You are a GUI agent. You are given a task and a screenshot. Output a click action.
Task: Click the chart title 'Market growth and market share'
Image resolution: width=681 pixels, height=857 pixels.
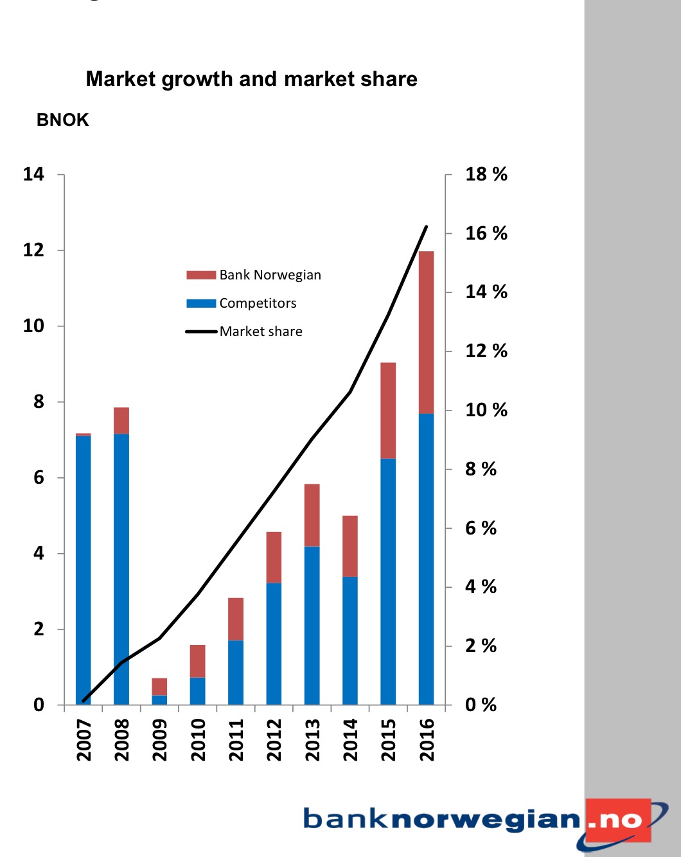[251, 79]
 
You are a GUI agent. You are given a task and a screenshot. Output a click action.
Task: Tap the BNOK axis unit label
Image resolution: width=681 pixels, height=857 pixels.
[62, 120]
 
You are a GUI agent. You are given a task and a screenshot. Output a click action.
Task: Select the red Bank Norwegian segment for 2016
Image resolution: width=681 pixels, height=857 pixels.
[426, 332]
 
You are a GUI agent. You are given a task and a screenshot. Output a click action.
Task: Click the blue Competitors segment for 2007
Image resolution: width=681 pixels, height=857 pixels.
[83, 570]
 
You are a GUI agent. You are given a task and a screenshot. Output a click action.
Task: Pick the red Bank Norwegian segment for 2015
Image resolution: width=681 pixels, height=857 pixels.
[388, 410]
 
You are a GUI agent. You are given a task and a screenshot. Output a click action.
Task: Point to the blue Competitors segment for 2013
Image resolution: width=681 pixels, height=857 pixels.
[312, 625]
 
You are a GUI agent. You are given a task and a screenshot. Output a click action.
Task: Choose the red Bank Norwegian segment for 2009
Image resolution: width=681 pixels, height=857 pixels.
[159, 687]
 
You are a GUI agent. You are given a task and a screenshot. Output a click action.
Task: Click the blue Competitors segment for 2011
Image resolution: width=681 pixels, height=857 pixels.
[236, 672]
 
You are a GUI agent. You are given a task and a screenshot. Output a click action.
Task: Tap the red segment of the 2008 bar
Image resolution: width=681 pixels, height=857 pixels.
[121, 421]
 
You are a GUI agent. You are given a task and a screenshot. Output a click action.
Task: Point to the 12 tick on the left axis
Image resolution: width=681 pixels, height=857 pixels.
[33, 250]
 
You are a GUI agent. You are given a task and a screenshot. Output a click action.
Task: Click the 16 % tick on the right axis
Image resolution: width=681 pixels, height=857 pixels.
[486, 233]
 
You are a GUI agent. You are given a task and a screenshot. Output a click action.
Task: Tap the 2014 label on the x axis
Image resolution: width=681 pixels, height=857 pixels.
[350, 739]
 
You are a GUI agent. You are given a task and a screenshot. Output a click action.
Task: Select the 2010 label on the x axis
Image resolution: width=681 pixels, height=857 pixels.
[198, 739]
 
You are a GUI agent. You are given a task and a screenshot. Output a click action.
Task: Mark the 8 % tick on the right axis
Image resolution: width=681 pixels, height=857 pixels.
[481, 469]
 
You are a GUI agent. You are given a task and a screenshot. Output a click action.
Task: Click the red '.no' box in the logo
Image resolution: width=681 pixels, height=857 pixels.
[618, 820]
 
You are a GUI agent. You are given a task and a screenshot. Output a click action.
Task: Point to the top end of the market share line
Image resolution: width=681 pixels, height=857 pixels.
[427, 227]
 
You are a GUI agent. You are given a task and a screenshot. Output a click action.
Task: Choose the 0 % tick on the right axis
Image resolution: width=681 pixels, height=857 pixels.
[481, 705]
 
